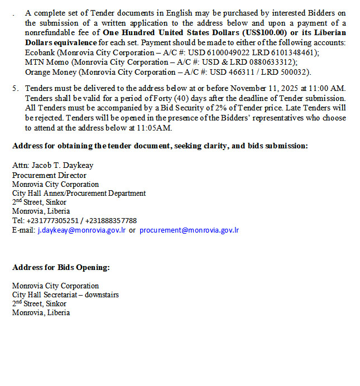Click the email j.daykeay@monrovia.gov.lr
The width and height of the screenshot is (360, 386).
[81, 230]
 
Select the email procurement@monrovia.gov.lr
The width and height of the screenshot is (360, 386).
[189, 230]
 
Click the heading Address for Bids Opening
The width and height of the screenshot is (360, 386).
[61, 267]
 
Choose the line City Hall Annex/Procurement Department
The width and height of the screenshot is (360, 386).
[79, 193]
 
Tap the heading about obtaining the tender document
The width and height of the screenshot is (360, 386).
[160, 146]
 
